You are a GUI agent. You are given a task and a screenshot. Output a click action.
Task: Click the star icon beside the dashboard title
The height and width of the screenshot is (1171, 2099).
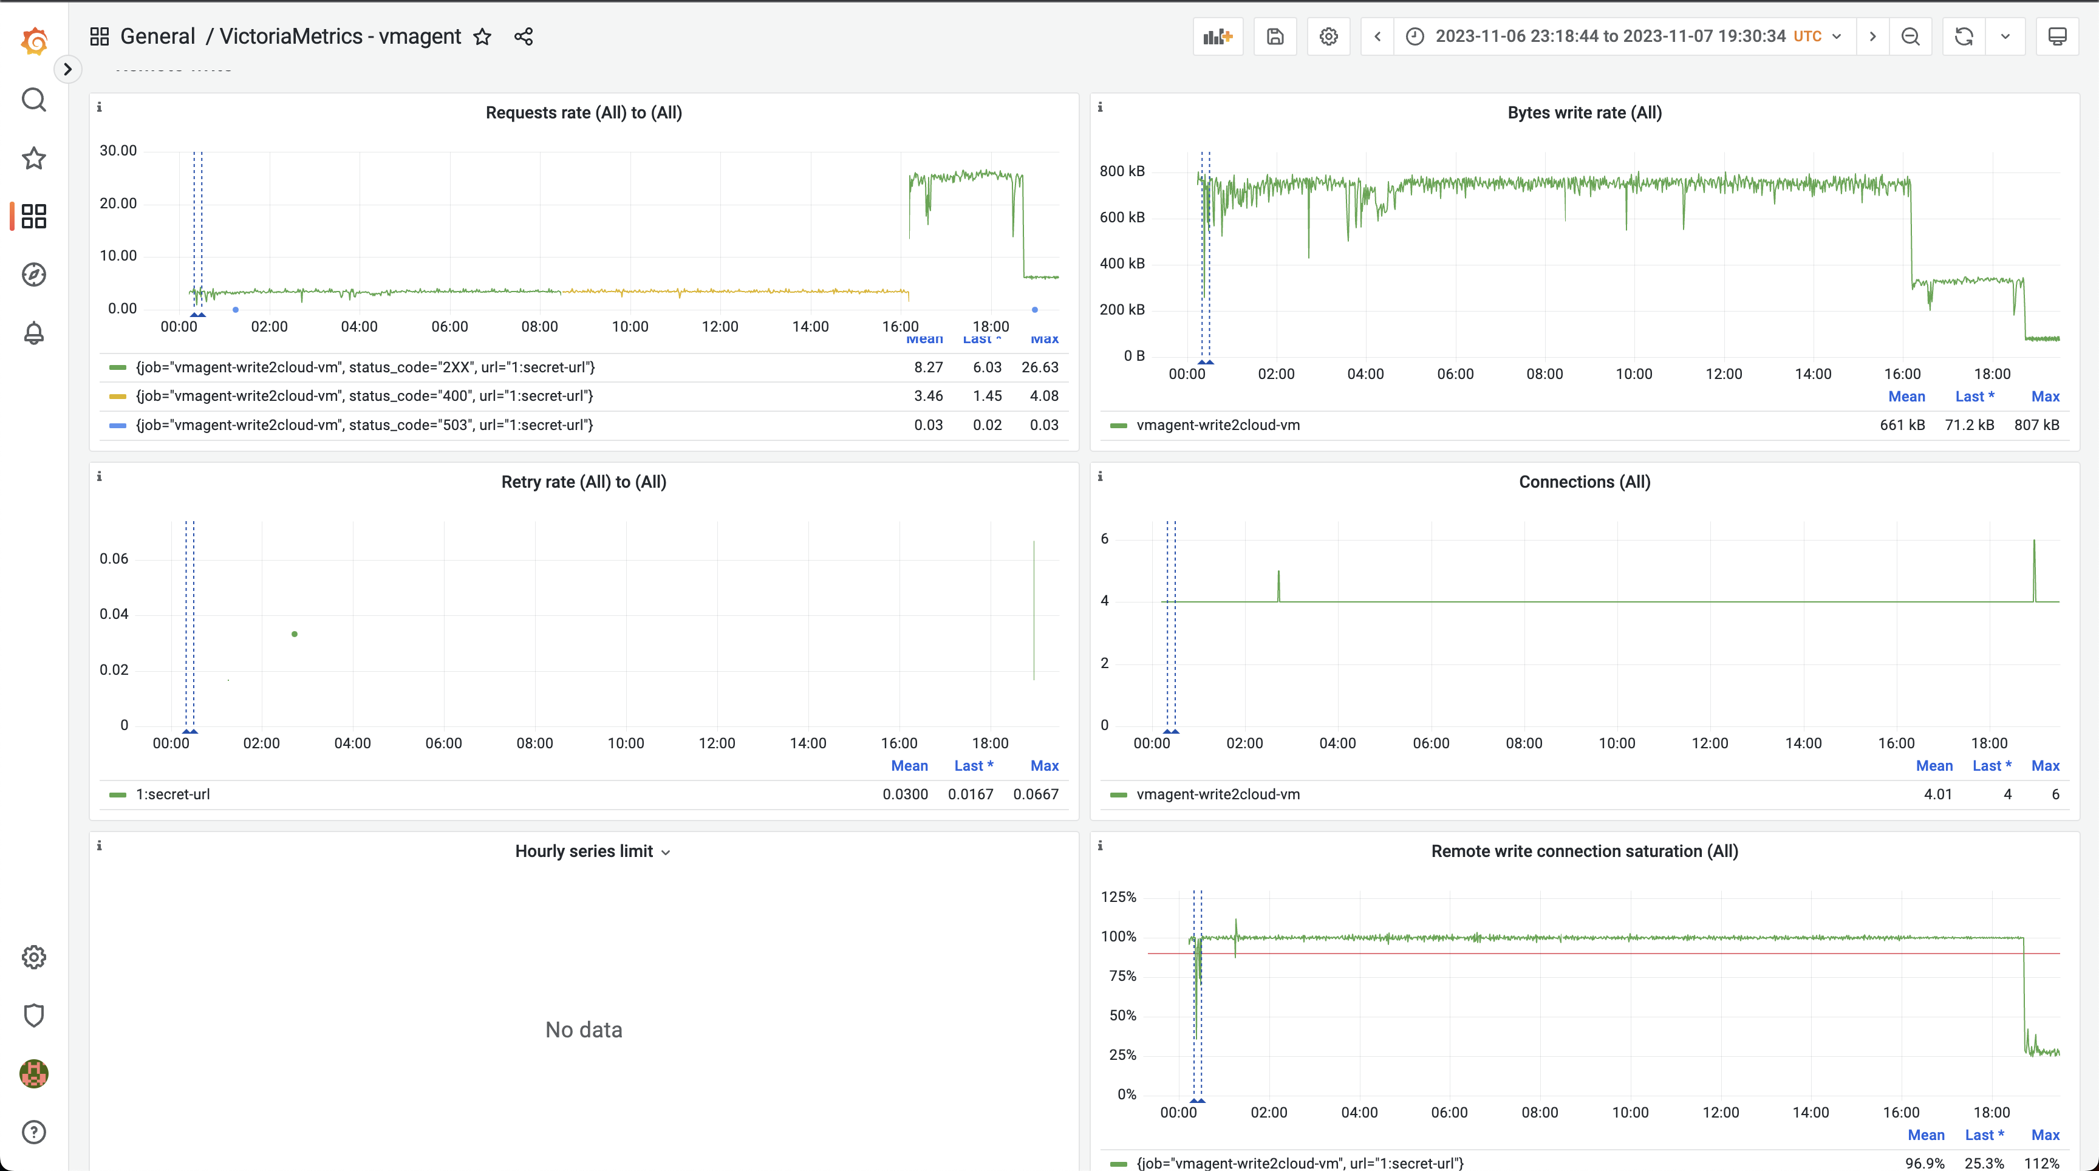tap(482, 36)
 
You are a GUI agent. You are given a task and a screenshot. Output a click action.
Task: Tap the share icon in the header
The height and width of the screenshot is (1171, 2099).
tap(524, 36)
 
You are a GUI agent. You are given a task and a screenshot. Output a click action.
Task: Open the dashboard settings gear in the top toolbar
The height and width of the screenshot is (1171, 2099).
tap(1328, 36)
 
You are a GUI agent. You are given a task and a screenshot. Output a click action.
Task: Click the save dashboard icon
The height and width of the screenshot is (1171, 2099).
tap(1275, 36)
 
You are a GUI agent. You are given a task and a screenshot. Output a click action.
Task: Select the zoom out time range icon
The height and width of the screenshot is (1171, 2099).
tap(1910, 36)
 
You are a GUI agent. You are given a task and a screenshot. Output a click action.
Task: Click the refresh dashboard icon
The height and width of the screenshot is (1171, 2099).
tap(1964, 36)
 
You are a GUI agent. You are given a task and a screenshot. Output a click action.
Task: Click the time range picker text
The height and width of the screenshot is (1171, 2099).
tap(1609, 36)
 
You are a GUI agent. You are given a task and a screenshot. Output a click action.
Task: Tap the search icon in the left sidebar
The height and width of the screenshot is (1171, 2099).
tap(33, 100)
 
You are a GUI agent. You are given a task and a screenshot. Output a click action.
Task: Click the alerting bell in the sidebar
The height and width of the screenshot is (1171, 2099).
tap(33, 333)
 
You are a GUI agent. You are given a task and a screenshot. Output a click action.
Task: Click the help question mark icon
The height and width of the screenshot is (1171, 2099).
tap(33, 1132)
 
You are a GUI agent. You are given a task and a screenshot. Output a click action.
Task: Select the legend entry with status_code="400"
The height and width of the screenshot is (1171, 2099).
tap(364, 396)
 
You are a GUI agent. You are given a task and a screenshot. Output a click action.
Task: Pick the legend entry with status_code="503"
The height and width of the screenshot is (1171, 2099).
tap(364, 425)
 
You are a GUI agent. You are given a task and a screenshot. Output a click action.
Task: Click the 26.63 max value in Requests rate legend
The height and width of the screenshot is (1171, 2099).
tap(1040, 367)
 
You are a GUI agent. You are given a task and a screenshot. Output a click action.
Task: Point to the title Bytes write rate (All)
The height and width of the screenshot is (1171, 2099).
tap(1584, 112)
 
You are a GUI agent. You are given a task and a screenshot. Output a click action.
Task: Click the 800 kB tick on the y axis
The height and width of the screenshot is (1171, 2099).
tap(1122, 171)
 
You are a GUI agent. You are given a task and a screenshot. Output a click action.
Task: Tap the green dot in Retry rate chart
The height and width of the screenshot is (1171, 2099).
tap(294, 634)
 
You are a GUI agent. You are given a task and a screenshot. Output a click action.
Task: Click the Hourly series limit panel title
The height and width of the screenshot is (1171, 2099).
tap(584, 852)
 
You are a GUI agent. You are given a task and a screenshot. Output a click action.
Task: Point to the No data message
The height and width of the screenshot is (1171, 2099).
tap(584, 1030)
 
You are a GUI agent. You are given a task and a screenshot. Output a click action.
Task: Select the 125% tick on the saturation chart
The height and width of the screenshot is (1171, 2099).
tap(1118, 897)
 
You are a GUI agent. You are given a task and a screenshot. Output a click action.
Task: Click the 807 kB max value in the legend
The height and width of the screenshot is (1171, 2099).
tap(2036, 425)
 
